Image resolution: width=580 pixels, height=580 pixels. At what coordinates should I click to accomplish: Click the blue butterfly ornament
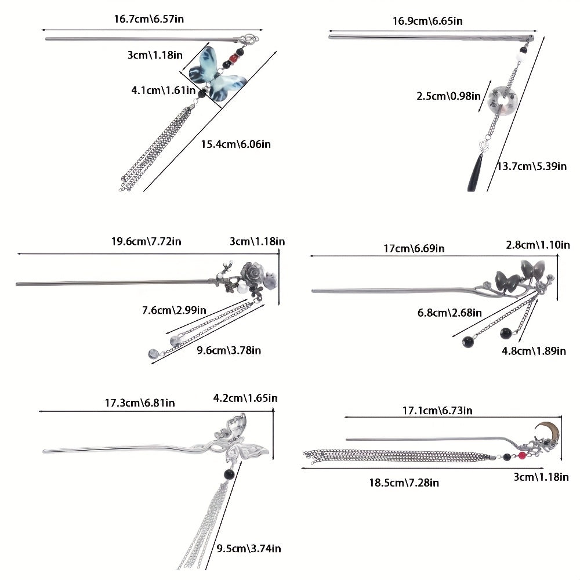(219, 74)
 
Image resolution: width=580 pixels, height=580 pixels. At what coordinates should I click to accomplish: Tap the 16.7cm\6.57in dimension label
(149, 19)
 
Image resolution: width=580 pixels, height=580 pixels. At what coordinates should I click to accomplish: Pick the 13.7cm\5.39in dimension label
(532, 166)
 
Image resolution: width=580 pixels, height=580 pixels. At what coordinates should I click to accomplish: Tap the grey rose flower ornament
(255, 271)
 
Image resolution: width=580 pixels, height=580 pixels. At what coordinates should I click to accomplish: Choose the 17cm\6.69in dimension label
(414, 248)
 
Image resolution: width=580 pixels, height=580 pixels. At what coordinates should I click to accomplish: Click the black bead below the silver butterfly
(227, 475)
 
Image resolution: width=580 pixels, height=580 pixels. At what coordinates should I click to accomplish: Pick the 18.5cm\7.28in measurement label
(404, 483)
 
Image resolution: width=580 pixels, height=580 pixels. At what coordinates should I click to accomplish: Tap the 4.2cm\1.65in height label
(245, 398)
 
